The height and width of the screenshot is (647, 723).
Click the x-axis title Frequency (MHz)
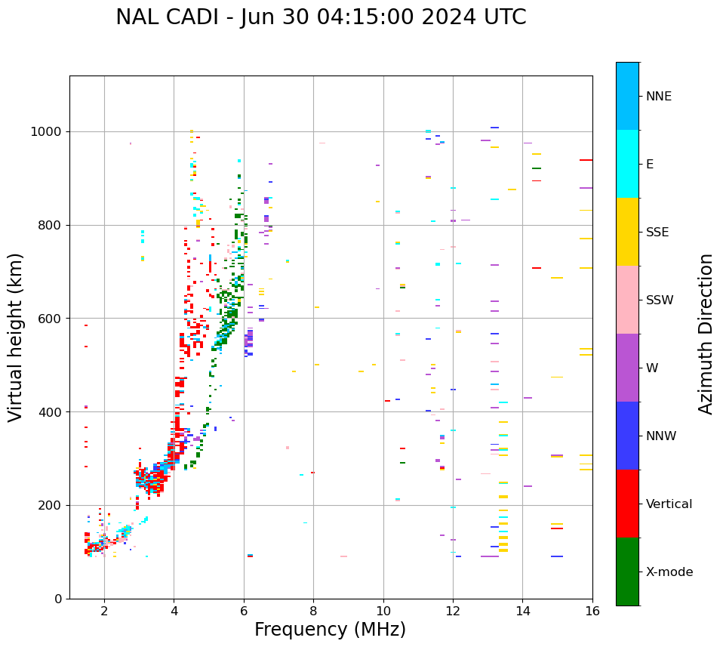[x=330, y=630]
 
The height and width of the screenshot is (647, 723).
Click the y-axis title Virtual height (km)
[x=16, y=337]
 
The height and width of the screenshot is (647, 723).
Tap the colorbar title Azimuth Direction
[x=706, y=334]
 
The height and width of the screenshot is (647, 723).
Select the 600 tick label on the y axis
[x=50, y=319]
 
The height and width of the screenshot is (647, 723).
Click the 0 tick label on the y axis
[x=57, y=599]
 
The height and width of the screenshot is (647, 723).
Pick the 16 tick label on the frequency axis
[x=592, y=611]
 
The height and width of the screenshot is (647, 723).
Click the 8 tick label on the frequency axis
[x=313, y=611]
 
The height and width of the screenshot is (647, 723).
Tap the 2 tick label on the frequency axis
[x=104, y=611]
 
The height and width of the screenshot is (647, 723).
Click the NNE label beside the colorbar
[x=659, y=97]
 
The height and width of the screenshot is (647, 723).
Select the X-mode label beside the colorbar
[x=669, y=572]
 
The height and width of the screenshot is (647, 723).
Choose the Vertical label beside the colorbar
[x=669, y=504]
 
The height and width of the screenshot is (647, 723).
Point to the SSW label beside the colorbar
[x=660, y=300]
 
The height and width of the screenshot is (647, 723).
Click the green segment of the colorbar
[x=627, y=572]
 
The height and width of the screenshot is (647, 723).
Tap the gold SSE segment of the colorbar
[x=627, y=232]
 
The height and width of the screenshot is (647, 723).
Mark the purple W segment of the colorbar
[x=627, y=368]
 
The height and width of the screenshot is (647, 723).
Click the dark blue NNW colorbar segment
[x=627, y=436]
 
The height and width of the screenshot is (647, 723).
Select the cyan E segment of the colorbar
[x=627, y=164]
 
